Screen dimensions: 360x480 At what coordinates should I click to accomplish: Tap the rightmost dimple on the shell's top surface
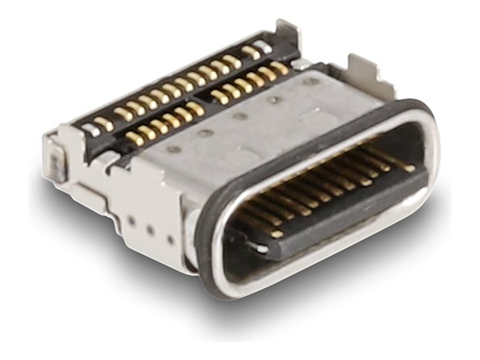[x=307, y=82]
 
